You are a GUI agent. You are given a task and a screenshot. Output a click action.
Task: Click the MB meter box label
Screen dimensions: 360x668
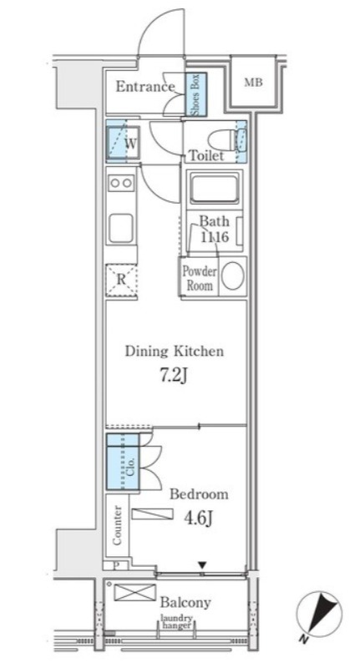pyautogui.click(x=252, y=82)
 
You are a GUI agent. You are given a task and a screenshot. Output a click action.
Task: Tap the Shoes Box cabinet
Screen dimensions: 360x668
pyautogui.click(x=196, y=94)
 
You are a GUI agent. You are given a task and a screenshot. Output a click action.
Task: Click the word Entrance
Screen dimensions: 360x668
pyautogui.click(x=145, y=87)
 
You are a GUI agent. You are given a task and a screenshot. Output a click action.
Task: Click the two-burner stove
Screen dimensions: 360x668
pyautogui.click(x=121, y=183)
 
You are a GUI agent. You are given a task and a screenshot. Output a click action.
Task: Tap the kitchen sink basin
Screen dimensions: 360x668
pyautogui.click(x=121, y=228)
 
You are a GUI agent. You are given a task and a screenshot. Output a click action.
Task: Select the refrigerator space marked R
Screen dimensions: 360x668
pyautogui.click(x=121, y=280)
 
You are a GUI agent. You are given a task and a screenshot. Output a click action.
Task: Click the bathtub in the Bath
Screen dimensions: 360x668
pyautogui.click(x=214, y=189)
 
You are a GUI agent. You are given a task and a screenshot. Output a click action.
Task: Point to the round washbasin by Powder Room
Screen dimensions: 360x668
pyautogui.click(x=232, y=277)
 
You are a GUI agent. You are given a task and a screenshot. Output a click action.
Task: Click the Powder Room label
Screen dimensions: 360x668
pyautogui.click(x=200, y=278)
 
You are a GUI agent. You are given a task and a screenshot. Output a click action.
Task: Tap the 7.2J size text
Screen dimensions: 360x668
pyautogui.click(x=174, y=375)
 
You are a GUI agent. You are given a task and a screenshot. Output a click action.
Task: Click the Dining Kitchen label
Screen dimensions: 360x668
pyautogui.click(x=174, y=352)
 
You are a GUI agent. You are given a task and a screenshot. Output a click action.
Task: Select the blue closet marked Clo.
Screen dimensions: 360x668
pyautogui.click(x=123, y=462)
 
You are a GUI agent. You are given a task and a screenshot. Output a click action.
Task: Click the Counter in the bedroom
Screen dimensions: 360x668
pyautogui.click(x=118, y=525)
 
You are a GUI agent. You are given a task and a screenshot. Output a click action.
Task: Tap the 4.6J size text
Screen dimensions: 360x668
pyautogui.click(x=198, y=518)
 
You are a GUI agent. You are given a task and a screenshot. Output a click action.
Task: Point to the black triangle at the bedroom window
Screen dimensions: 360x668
pyautogui.click(x=202, y=565)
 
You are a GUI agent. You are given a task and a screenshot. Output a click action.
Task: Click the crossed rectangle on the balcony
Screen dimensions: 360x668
pyautogui.click(x=134, y=593)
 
